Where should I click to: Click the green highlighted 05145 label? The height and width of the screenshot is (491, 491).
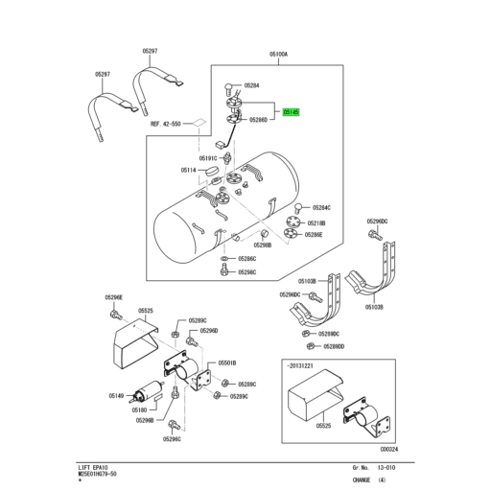[x=292, y=111]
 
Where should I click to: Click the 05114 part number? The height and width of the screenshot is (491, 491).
[x=188, y=170]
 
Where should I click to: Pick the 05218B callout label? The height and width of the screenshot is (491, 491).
[x=317, y=222]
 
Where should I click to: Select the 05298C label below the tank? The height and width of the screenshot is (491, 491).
[x=246, y=272]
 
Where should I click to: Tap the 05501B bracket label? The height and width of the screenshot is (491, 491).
[x=228, y=362]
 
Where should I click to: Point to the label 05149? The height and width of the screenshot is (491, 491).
[x=116, y=395]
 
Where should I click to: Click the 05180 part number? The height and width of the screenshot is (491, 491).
[x=139, y=409]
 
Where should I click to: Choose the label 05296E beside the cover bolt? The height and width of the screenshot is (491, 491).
[x=114, y=298]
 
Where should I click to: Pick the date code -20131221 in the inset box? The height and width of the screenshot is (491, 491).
[x=304, y=364]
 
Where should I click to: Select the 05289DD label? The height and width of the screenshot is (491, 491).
[x=334, y=346]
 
